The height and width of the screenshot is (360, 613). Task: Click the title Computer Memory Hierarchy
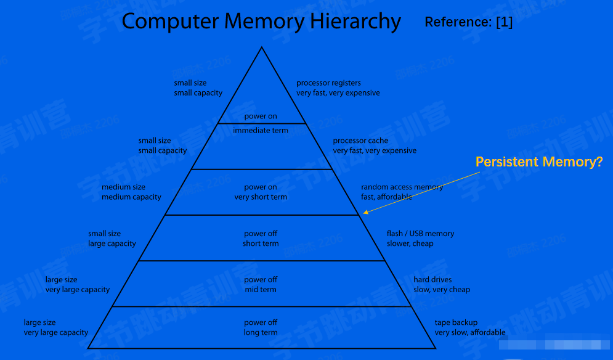(x=261, y=22)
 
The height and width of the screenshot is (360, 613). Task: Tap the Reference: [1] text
(x=468, y=23)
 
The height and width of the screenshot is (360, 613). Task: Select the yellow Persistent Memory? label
(x=538, y=162)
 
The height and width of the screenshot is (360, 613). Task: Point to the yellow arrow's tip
(x=364, y=213)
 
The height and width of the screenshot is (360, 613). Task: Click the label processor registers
(x=328, y=83)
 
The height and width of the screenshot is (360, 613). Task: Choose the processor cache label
(x=360, y=141)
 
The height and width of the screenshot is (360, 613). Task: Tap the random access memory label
(x=402, y=187)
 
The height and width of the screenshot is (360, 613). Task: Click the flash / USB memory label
(x=420, y=234)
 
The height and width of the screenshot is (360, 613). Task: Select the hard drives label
(x=432, y=280)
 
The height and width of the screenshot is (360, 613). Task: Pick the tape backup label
(x=456, y=322)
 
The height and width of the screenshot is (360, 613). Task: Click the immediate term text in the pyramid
(x=261, y=131)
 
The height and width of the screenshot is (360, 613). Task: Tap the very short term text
(x=261, y=197)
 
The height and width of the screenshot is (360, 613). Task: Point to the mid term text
(x=261, y=290)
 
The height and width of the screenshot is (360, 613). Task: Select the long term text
(x=261, y=333)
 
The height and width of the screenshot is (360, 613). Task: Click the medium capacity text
(x=131, y=197)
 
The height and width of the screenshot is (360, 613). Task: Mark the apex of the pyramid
(x=262, y=47)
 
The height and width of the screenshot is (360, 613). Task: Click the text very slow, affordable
(x=469, y=333)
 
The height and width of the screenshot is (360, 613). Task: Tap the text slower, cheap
(x=410, y=243)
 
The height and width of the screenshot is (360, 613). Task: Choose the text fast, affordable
(x=386, y=197)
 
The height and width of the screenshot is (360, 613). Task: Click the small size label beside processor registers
(x=190, y=83)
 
